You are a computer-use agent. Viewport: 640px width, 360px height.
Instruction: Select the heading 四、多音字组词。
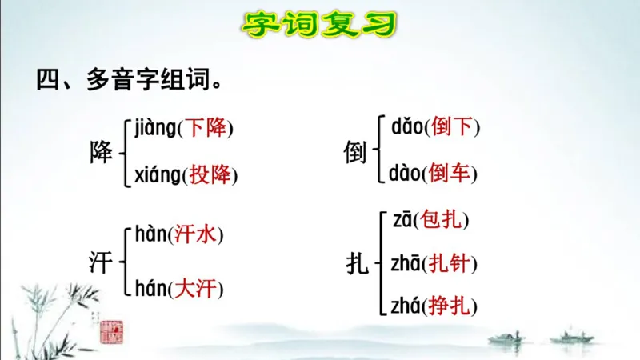(128, 81)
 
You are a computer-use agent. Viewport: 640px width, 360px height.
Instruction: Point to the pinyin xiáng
(158, 174)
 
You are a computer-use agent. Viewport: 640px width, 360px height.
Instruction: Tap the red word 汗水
(195, 235)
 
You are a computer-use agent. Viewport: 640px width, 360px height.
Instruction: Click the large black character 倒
(357, 149)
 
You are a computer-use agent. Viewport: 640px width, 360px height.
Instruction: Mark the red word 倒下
(452, 126)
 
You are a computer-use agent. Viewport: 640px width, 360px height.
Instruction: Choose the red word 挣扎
(450, 306)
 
